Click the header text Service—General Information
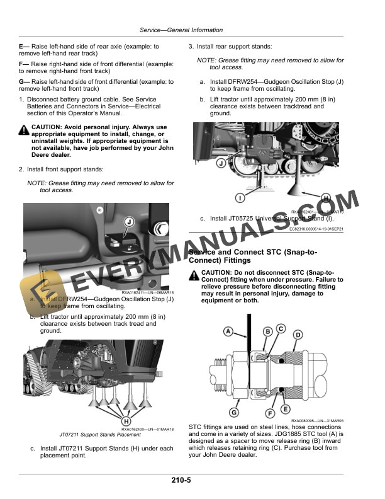click(181, 30)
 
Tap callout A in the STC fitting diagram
click(228, 331)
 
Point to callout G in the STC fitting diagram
click(233, 413)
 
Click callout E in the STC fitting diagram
click(286, 410)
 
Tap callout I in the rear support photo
click(240, 198)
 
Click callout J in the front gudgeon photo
click(128, 222)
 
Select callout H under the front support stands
click(126, 422)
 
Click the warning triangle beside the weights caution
click(24, 129)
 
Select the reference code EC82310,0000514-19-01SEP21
click(316, 230)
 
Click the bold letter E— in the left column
click(25, 47)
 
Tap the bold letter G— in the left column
click(25, 82)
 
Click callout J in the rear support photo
click(221, 163)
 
